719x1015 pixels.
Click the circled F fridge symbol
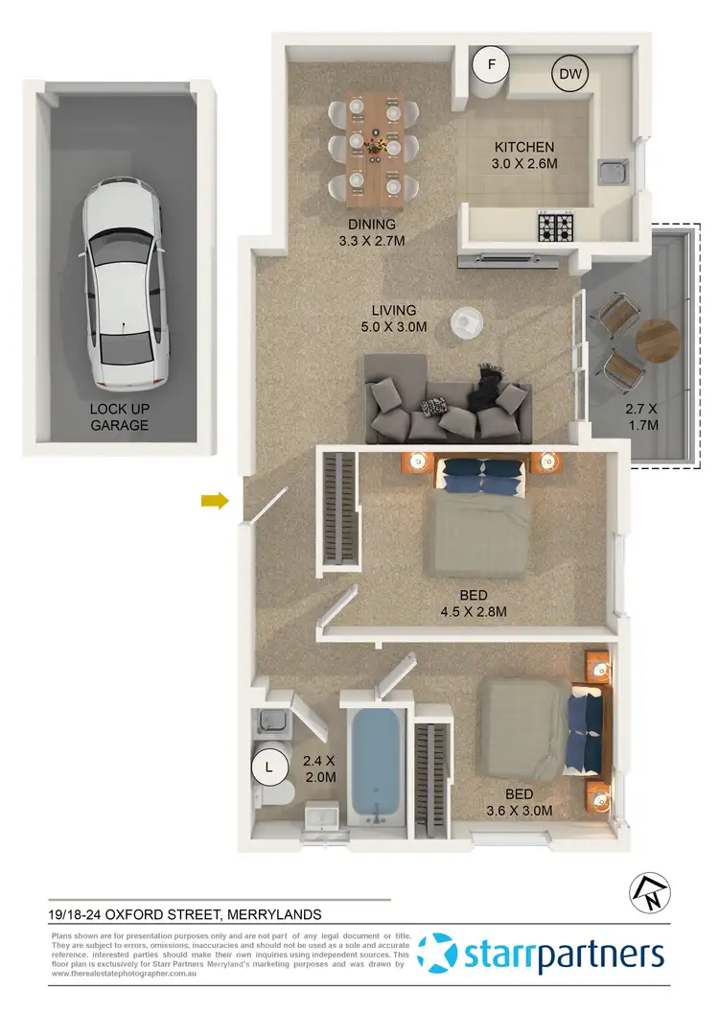(x=492, y=65)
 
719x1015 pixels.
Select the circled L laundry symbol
(x=269, y=767)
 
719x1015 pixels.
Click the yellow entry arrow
(x=214, y=500)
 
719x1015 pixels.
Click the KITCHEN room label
(x=523, y=147)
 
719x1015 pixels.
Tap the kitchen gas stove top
(x=556, y=227)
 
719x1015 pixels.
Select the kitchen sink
(x=611, y=174)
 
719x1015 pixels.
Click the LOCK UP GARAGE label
(x=120, y=415)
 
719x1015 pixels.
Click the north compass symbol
(x=644, y=894)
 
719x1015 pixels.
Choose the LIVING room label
(x=395, y=311)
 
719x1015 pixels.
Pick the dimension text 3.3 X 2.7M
(x=372, y=241)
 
